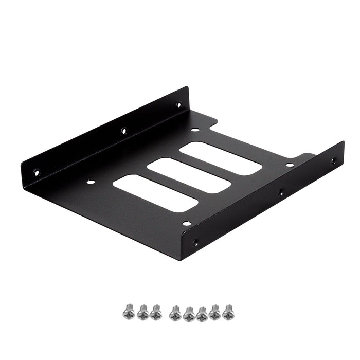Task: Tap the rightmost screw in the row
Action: pos(227,311)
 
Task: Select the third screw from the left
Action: pos(155,311)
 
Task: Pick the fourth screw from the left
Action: pos(175,312)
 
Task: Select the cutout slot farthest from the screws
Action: pos(221,157)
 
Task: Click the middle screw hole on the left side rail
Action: pos(124,131)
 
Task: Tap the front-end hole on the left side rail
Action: pos(36,172)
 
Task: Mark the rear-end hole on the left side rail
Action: pos(178,105)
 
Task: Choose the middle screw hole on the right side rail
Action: pos(280,193)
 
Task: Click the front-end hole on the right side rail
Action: pos(195,242)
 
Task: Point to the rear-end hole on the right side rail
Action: pos(333,161)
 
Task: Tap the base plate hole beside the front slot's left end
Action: pos(91,182)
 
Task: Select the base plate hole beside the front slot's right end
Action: pos(187,223)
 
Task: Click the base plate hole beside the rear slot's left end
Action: pos(194,129)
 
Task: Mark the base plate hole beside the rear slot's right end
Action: pos(290,165)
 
